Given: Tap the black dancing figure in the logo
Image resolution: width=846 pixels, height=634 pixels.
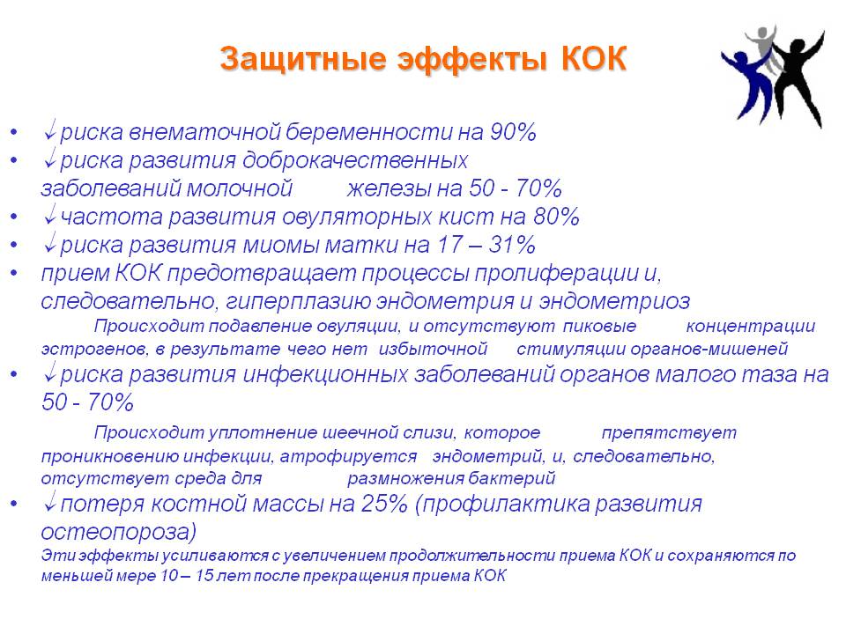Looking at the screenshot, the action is (x=798, y=76).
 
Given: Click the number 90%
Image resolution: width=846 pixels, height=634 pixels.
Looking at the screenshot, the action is (x=513, y=132).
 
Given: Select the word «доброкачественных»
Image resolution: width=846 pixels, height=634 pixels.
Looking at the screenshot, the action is (x=355, y=160).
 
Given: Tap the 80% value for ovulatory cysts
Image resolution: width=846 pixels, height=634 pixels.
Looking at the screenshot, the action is (x=556, y=217).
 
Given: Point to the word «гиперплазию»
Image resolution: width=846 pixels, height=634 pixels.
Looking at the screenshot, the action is (x=297, y=301).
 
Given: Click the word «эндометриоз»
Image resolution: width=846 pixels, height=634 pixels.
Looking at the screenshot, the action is (x=614, y=301).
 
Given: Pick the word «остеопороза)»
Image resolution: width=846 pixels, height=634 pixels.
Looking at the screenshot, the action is (x=119, y=532).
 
